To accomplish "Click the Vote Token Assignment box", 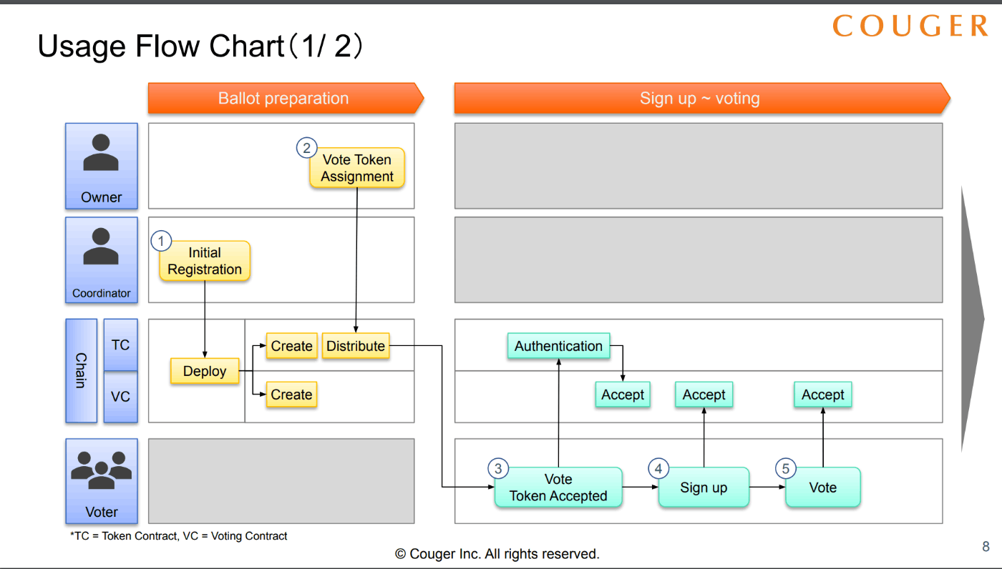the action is pyautogui.click(x=357, y=168).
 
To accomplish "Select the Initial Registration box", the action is pyautogui.click(x=205, y=261).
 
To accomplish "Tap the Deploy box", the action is pyautogui.click(x=205, y=371).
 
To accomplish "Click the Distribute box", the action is pyautogui.click(x=356, y=346).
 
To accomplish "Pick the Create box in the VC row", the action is pyautogui.click(x=292, y=395).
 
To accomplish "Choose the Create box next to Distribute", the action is pyautogui.click(x=292, y=346).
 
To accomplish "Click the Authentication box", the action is pyautogui.click(x=559, y=346).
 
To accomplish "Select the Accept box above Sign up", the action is pyautogui.click(x=704, y=395).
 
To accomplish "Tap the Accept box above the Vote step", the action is pyautogui.click(x=822, y=395).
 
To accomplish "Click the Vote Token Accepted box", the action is pyautogui.click(x=558, y=488).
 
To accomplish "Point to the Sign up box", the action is pyautogui.click(x=704, y=488).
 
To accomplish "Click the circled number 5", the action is pyautogui.click(x=786, y=468).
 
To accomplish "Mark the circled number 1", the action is pyautogui.click(x=161, y=241).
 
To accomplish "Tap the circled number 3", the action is pyautogui.click(x=498, y=468).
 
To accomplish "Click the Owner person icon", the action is pyautogui.click(x=101, y=152).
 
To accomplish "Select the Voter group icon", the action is pyautogui.click(x=101, y=470).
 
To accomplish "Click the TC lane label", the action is pyautogui.click(x=120, y=345).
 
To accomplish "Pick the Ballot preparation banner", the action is pyautogui.click(x=286, y=98).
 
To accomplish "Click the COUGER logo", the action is pyautogui.click(x=910, y=26).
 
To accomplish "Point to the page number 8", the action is pyautogui.click(x=986, y=546).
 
